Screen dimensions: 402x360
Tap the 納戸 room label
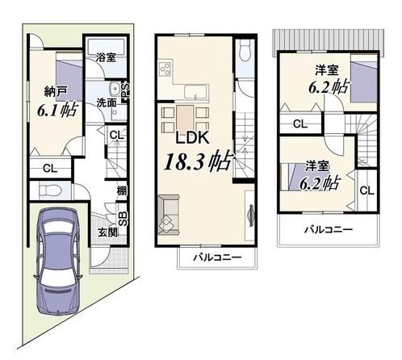click(56, 92)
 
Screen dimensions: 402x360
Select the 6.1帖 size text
click(57, 110)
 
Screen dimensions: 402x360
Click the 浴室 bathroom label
click(106, 57)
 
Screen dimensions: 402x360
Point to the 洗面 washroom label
click(107, 103)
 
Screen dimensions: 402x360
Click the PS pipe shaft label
click(126, 90)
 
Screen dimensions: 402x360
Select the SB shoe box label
click(123, 219)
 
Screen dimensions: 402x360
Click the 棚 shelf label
click(122, 191)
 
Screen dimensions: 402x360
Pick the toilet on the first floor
click(51, 190)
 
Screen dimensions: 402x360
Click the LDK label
click(192, 138)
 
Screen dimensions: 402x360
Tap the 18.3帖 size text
click(198, 161)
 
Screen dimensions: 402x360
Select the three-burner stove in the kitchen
click(165, 69)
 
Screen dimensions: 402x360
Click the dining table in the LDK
click(185, 119)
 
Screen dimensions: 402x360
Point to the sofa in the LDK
click(169, 215)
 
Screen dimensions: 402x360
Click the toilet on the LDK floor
click(245, 52)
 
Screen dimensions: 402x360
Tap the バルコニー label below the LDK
click(217, 257)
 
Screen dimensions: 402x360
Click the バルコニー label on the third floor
click(329, 229)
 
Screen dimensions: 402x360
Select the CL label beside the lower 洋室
click(367, 190)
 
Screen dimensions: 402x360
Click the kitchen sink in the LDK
click(196, 92)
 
